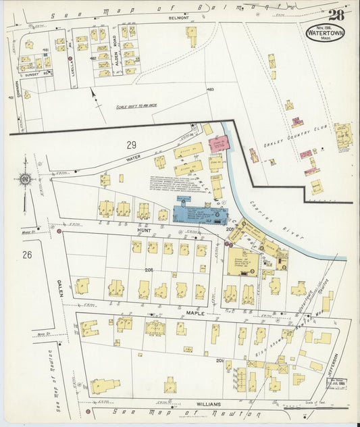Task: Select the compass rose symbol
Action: tap(25, 179)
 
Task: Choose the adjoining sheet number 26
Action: tap(27, 254)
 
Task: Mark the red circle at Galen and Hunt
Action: tap(59, 232)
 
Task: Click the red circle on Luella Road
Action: tap(71, 59)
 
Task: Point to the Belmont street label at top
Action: tap(180, 19)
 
